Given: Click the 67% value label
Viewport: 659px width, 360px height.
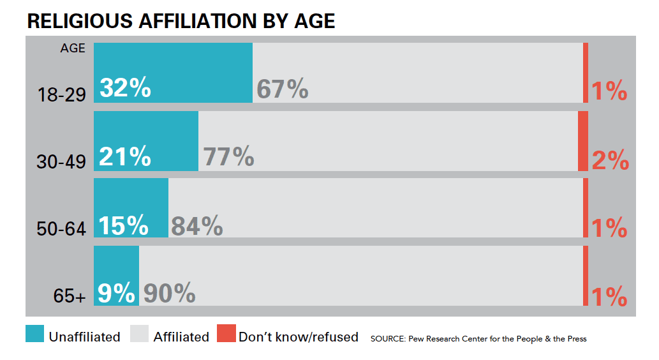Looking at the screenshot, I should (282, 89).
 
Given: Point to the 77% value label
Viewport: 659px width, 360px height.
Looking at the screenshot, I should (228, 156).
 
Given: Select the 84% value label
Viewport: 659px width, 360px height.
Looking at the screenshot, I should (197, 225).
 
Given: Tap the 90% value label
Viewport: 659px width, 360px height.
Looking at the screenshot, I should (169, 293).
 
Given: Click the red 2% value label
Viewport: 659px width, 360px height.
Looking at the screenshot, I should (610, 160).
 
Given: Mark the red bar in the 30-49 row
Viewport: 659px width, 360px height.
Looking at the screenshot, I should (582, 140).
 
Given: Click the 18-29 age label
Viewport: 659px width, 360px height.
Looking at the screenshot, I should (61, 95).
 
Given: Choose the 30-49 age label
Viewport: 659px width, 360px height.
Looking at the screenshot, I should (61, 162).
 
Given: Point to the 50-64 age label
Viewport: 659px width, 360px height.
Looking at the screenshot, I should (61, 229).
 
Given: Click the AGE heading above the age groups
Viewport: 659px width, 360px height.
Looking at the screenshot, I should (73, 49).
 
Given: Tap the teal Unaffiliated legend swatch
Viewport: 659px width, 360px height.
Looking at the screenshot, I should (35, 334).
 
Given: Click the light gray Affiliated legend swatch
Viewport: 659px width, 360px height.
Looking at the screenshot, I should (139, 334).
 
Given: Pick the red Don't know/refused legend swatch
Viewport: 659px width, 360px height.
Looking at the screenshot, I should (226, 334).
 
